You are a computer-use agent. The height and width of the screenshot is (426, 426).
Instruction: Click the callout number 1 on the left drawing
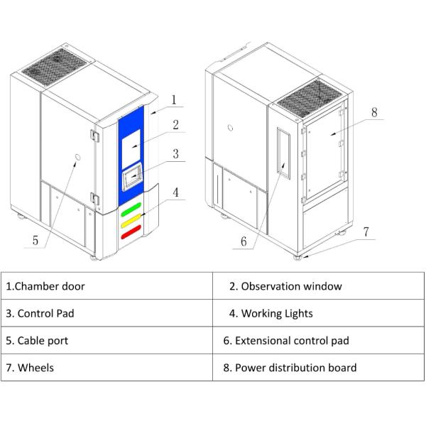pyautogui.click(x=173, y=99)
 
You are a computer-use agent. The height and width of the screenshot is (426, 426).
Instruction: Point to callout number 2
pyautogui.click(x=175, y=125)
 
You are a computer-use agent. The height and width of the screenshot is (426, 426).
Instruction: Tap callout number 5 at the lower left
pyautogui.click(x=35, y=241)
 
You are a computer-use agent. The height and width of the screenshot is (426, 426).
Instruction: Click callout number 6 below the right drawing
pyautogui.click(x=244, y=241)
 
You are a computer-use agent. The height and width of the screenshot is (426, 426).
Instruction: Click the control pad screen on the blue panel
pyautogui.click(x=132, y=180)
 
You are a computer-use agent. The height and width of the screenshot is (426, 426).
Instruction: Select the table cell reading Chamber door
pyautogui.click(x=106, y=286)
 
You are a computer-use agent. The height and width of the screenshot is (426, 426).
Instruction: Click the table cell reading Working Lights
pyautogui.click(x=319, y=313)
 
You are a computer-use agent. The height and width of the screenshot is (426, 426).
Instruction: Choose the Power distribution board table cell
pyautogui.click(x=319, y=367)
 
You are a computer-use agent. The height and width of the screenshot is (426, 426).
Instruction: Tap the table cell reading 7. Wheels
pyautogui.click(x=106, y=367)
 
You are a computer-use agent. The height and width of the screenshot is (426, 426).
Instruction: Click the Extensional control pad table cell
pyautogui.click(x=319, y=340)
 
